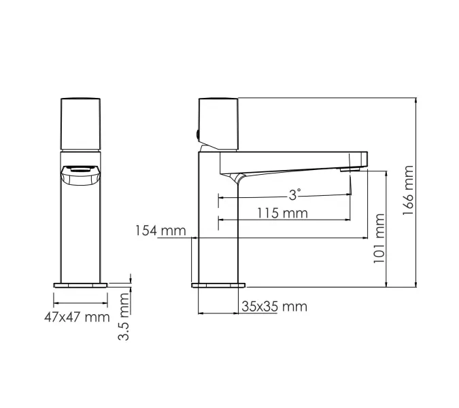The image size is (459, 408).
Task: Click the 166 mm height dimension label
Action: pos(407,190)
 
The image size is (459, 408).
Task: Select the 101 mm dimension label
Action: pos(379,237)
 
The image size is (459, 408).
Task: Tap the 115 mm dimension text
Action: pos(282,213)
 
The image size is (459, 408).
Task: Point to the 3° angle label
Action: pos(294,194)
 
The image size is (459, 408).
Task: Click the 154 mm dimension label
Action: pos(160,231)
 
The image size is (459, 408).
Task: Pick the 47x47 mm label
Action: pos(77,316)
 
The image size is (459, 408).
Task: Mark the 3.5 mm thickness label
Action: pos(124,317)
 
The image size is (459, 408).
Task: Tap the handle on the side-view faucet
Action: pos(218,122)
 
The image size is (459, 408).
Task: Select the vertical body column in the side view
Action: pos(218,224)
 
